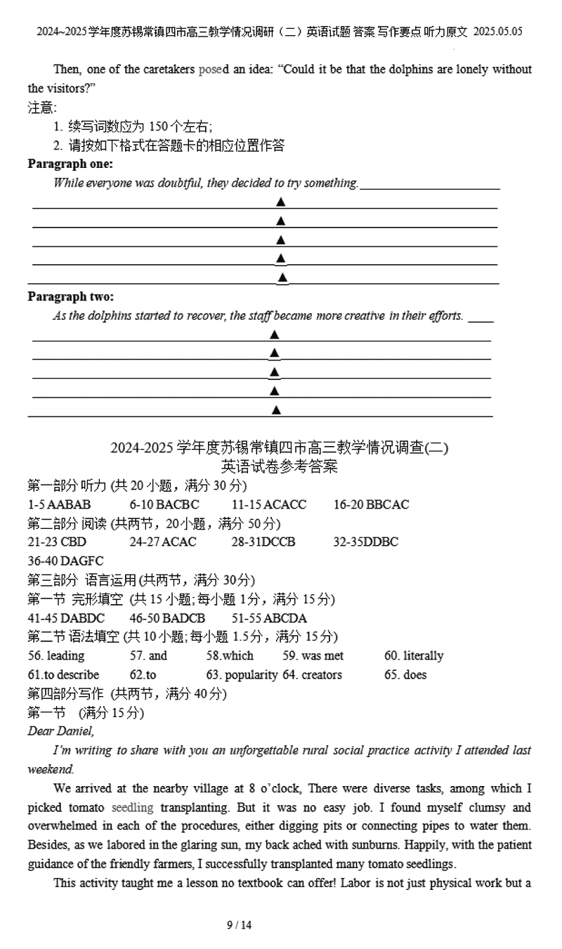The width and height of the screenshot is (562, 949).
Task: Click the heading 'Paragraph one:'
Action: (x=70, y=164)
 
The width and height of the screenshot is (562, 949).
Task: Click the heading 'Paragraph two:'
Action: (x=70, y=296)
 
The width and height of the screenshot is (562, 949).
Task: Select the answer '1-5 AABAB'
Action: (x=59, y=504)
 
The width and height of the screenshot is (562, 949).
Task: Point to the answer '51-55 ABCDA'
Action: (x=269, y=618)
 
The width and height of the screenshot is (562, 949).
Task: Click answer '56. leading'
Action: (x=56, y=656)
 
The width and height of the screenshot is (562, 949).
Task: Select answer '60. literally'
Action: (x=414, y=656)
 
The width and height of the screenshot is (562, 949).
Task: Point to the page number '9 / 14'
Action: (x=239, y=925)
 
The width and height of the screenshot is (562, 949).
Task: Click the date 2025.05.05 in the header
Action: (x=497, y=32)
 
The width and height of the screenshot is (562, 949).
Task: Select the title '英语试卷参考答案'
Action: (x=279, y=466)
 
